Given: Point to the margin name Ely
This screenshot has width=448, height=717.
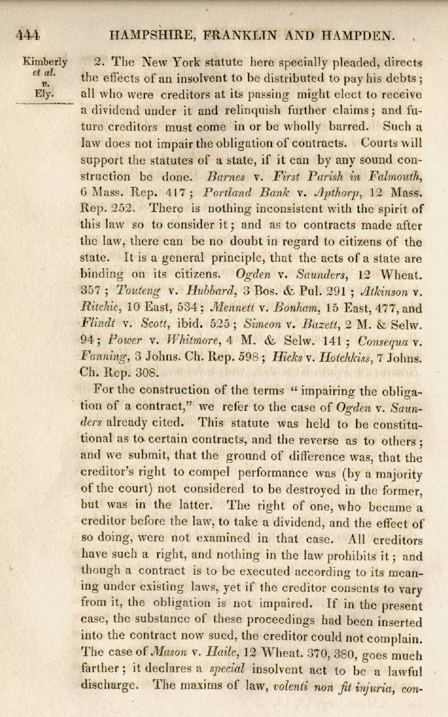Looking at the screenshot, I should coord(43,94).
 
